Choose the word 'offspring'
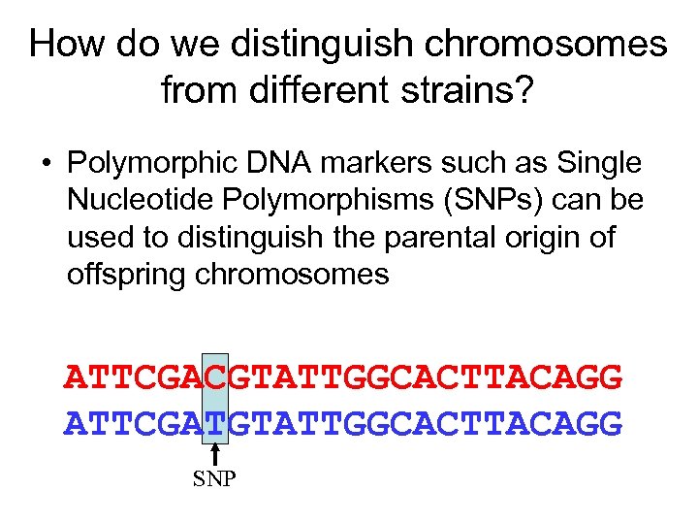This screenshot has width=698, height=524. click(128, 275)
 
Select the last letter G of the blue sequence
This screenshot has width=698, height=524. click(611, 423)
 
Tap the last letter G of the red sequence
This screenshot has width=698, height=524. click(611, 377)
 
